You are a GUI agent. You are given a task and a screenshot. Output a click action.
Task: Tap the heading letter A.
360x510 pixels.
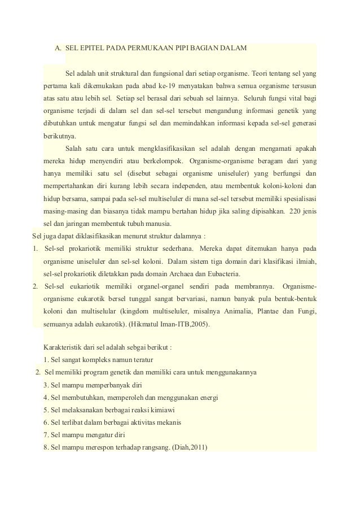click(58, 47)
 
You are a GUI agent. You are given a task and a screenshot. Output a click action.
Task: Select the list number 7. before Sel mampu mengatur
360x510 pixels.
click(46, 435)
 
